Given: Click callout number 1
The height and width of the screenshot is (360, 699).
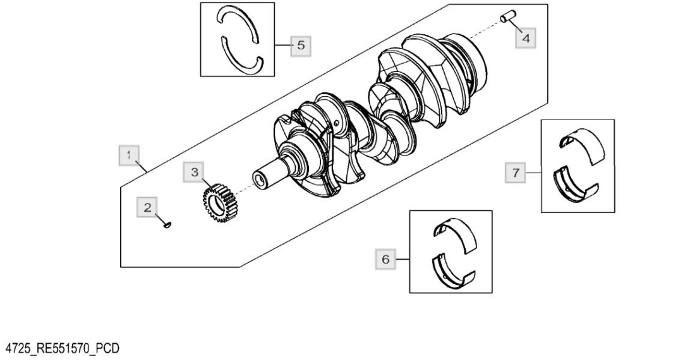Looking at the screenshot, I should [127, 156].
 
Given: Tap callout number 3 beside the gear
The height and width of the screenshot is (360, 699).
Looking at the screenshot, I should [194, 172].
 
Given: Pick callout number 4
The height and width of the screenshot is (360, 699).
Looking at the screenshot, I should [525, 38].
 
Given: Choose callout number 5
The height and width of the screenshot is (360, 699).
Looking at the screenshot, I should [301, 45].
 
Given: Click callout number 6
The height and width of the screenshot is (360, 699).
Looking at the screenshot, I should [385, 260].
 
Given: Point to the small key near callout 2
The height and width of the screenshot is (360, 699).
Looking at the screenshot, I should [168, 225].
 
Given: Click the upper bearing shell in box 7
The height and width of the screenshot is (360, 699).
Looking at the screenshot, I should [581, 143].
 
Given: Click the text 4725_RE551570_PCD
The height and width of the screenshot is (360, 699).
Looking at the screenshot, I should [63, 349].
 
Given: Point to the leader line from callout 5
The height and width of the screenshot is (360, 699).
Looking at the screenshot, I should [283, 45].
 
